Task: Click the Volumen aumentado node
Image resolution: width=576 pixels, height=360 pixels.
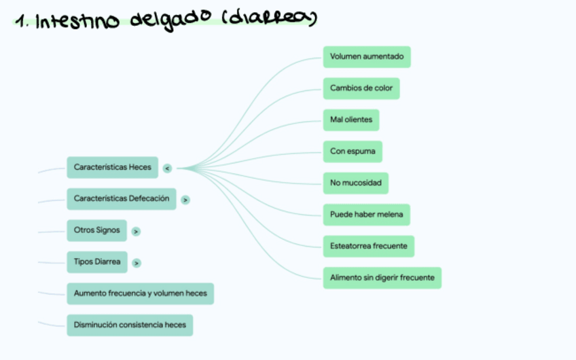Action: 367,56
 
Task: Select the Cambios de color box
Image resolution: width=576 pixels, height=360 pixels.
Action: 361,88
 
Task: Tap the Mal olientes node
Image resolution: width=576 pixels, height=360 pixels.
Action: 351,120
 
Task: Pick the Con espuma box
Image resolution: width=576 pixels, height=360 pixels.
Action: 353,151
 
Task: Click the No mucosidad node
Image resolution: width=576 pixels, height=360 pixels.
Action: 356,183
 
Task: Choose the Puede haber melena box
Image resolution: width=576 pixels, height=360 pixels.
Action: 366,215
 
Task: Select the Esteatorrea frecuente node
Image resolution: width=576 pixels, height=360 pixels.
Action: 369,246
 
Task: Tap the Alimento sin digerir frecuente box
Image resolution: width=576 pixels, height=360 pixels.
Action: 382,277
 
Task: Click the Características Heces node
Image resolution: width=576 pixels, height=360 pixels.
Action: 113,167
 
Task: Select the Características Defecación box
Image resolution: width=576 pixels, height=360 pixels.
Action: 122,199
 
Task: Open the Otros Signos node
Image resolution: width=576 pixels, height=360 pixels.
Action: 97,230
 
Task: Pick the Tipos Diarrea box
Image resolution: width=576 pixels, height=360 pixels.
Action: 97,262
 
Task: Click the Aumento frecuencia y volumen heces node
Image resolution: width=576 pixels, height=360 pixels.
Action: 141,293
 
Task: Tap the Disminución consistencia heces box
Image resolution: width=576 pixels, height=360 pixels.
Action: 130,325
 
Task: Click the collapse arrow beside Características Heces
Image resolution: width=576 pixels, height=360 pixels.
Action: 167,168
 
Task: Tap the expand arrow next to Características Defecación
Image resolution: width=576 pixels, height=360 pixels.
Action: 185,200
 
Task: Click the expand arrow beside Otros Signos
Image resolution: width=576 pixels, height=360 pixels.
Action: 137,232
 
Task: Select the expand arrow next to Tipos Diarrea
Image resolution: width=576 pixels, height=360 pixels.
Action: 137,263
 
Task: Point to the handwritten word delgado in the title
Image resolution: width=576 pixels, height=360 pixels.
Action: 169,20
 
